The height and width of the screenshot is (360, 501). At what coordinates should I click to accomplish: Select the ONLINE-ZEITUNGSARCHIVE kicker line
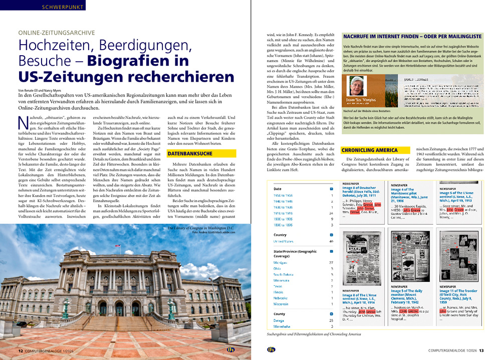(57, 33)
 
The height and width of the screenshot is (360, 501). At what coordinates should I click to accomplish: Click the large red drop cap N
(23, 122)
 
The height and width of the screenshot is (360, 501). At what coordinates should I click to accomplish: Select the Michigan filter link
(280, 262)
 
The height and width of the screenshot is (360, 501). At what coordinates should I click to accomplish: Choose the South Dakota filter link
(284, 275)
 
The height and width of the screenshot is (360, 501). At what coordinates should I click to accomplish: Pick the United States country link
(284, 241)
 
